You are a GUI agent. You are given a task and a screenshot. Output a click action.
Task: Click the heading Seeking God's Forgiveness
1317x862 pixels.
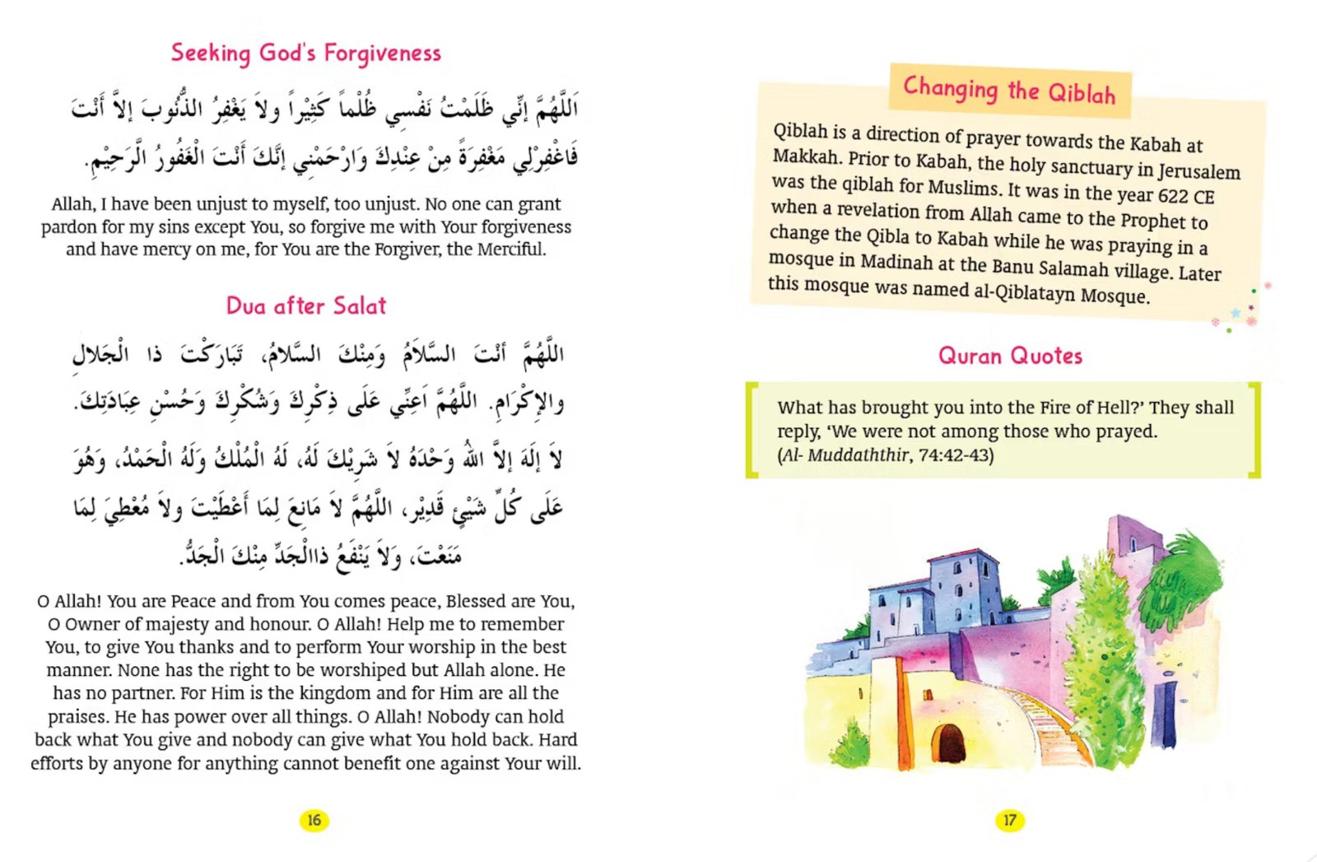point(306,54)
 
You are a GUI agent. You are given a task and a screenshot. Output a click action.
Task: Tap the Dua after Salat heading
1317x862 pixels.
point(306,306)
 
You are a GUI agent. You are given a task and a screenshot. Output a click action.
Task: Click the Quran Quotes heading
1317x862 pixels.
point(1010,356)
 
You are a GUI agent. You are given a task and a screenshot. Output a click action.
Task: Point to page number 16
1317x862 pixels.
point(314,820)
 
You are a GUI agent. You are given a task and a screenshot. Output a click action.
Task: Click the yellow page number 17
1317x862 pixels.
point(1009,820)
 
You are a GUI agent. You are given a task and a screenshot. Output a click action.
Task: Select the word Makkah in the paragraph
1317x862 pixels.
point(806,156)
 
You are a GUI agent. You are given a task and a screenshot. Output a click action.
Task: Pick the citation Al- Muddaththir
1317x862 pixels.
point(845,455)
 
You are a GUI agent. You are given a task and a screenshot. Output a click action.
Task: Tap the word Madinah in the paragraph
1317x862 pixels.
point(896,263)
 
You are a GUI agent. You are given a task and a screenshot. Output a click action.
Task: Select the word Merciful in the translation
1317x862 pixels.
point(513,249)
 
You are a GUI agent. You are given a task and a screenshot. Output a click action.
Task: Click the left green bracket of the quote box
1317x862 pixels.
point(752,429)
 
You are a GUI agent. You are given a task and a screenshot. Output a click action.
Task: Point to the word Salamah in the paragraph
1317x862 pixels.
point(1073,268)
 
